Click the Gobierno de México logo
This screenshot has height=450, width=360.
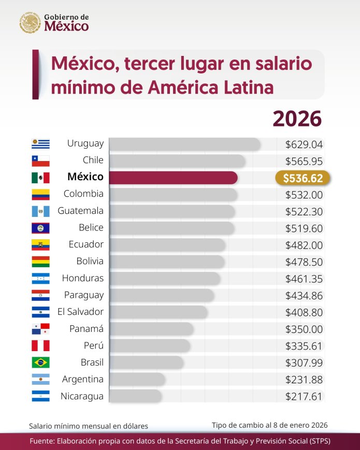pyautogui.click(x=54, y=22)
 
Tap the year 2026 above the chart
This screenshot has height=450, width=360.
pyautogui.click(x=297, y=119)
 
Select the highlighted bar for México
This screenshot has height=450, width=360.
pyautogui.click(x=173, y=178)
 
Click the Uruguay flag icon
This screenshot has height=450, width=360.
pyautogui.click(x=40, y=144)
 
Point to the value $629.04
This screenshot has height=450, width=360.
pyautogui.click(x=304, y=144)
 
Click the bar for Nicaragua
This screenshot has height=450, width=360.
pyautogui.click(x=135, y=397)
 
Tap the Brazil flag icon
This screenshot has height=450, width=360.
pyautogui.click(x=40, y=362)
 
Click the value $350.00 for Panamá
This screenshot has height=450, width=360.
pyautogui.click(x=304, y=329)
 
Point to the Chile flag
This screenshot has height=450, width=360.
pyautogui.click(x=40, y=161)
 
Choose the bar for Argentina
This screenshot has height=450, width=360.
pyautogui.click(x=137, y=380)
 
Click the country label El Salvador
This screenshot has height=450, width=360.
pyautogui.click(x=80, y=312)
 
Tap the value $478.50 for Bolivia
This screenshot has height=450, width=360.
pyautogui.click(x=304, y=262)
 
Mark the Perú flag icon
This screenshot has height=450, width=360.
pyautogui.click(x=40, y=345)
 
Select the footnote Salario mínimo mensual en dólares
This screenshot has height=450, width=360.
pyautogui.click(x=89, y=426)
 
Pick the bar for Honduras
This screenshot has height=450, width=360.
pyautogui.click(x=165, y=279)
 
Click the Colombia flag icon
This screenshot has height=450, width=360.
pyautogui.click(x=40, y=194)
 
